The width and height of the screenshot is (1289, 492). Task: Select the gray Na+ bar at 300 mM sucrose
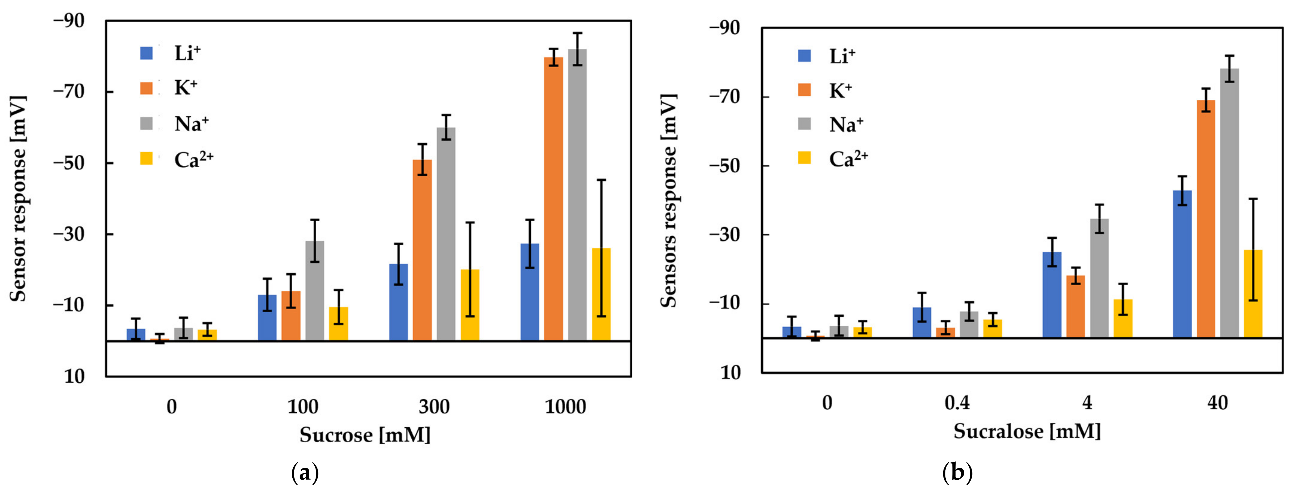446,235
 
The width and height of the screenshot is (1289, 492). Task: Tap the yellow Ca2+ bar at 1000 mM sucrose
601,295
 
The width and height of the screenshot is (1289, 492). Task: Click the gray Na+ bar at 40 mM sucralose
1229,205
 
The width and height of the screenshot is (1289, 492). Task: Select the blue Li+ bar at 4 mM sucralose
1051,295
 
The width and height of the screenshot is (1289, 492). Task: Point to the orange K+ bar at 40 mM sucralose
1206,220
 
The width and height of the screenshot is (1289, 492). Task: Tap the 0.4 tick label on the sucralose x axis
957,403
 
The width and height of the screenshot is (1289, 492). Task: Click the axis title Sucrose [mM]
365,435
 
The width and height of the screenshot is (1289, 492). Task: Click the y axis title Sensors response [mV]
668,200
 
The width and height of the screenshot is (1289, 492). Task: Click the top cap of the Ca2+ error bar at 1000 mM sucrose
601,180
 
